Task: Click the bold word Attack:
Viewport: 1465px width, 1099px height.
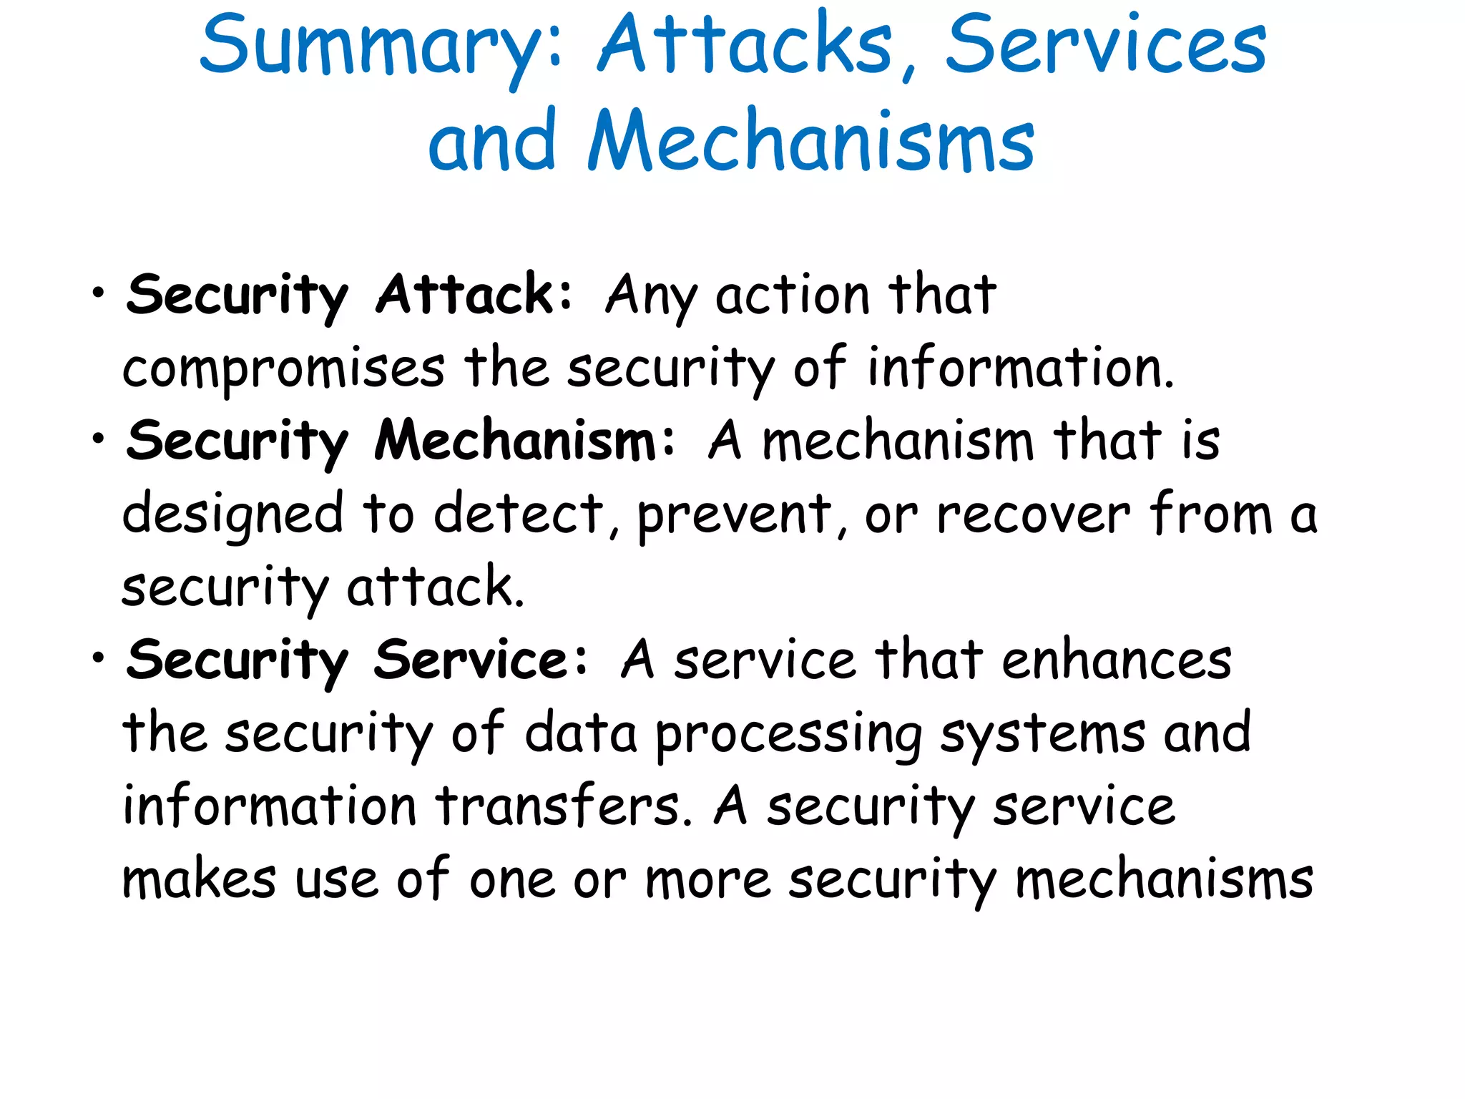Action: click(x=474, y=294)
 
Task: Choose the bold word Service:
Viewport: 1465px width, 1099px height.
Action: click(x=480, y=659)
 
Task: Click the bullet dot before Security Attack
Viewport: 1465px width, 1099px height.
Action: click(x=99, y=293)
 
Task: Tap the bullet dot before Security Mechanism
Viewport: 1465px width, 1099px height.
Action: click(x=99, y=439)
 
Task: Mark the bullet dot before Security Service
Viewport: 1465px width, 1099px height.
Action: click(x=99, y=658)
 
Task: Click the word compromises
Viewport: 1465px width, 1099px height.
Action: click(x=283, y=369)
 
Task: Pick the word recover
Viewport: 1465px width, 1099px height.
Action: click(x=1034, y=514)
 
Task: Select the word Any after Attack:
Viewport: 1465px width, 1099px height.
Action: click(x=650, y=295)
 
